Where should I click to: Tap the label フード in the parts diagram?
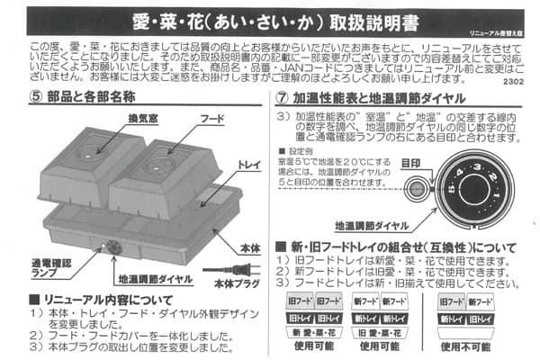point(212,117)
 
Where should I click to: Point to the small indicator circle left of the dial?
point(418,189)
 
